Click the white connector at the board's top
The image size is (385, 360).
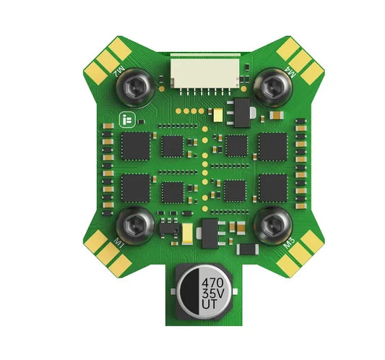click(205, 71)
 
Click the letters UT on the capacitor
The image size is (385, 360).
click(212, 307)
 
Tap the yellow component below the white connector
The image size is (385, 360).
click(217, 113)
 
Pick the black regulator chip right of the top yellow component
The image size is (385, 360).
click(238, 113)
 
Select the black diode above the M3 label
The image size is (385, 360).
click(248, 249)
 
